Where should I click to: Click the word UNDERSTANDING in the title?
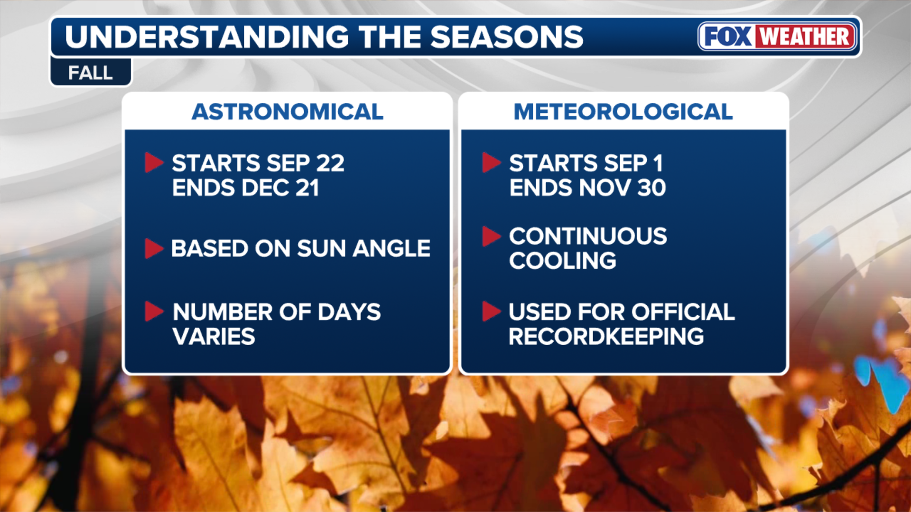[207, 37]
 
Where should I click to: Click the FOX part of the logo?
[728, 37]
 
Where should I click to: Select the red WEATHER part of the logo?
[805, 37]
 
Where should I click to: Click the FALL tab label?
[91, 73]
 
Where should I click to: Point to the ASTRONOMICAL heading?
[288, 112]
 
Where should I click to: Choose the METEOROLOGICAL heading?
[623, 112]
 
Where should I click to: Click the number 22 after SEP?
[330, 164]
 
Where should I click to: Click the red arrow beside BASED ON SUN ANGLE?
[154, 248]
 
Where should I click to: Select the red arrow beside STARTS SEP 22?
[154, 163]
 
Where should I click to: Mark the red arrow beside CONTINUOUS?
[492, 236]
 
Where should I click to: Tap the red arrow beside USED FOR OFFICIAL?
[492, 311]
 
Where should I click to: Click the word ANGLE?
[391, 248]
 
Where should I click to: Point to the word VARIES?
[214, 337]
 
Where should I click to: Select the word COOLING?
[563, 261]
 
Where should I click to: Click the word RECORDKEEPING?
[606, 337]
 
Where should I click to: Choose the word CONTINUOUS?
[588, 236]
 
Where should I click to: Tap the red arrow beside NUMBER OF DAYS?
[154, 311]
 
